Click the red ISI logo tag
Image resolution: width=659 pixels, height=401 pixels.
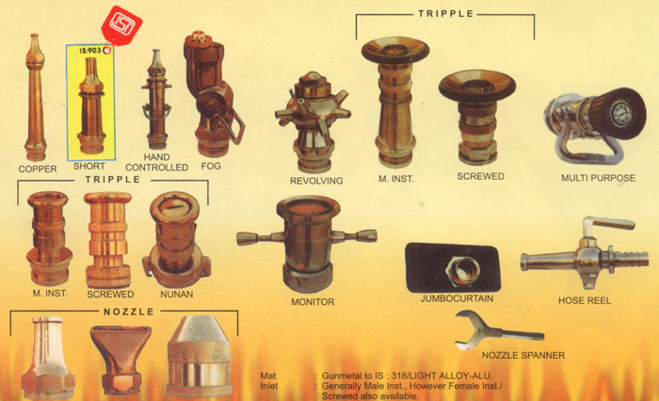coord(121,25)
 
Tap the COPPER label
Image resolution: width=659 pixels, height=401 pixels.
coord(38,169)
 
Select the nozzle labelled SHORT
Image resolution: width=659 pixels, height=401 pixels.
coord(90,105)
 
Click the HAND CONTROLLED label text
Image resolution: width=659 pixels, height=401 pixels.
coord(157,162)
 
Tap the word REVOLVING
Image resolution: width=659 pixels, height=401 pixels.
coord(316,181)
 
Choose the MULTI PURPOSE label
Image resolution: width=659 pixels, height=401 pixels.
coord(598,178)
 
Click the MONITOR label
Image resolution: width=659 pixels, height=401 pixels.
coord(313,302)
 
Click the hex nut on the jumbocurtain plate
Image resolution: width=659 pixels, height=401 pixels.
coord(463,270)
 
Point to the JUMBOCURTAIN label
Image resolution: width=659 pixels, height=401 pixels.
coord(457,298)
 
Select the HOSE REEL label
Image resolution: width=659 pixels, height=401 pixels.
coord(585,300)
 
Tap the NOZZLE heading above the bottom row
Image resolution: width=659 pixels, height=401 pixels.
coord(129,312)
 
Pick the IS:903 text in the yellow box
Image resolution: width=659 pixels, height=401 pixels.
coord(90,51)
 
